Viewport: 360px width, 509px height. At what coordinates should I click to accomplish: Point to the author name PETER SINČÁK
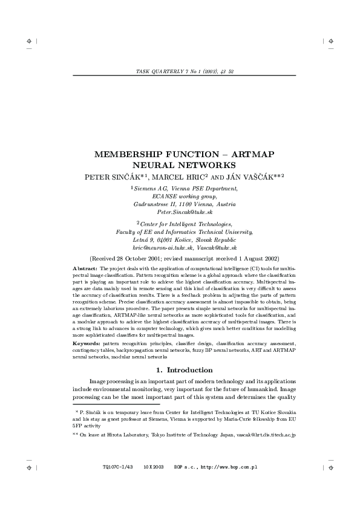[114, 176]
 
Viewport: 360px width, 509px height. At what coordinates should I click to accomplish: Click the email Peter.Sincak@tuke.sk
[185, 213]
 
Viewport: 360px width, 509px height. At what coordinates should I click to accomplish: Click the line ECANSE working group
[185, 196]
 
